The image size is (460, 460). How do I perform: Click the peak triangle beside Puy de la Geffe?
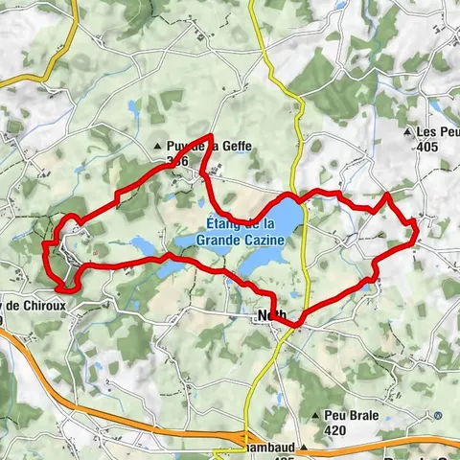pyautogui.click(x=159, y=147)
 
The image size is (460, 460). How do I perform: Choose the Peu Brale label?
pyautogui.click(x=354, y=415)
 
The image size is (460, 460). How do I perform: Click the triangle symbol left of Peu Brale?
pyautogui.click(x=316, y=416)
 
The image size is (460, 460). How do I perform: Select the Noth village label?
pyautogui.click(x=269, y=315)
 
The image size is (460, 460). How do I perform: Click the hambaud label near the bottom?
pyautogui.click(x=269, y=447)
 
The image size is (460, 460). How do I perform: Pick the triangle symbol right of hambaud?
pyautogui.click(x=303, y=447)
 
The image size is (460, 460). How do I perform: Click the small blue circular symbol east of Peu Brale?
pyautogui.click(x=437, y=415)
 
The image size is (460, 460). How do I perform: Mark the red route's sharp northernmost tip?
pyautogui.click(x=211, y=136)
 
